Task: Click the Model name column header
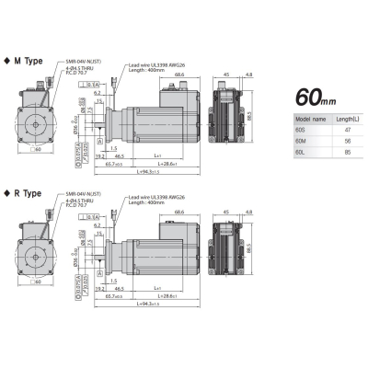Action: pos(307,120)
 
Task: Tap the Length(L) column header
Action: pos(347,120)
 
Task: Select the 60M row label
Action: pos(300,144)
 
